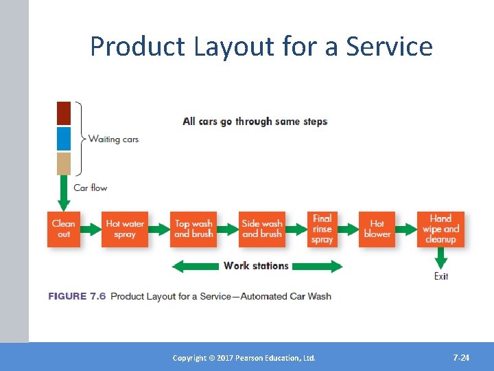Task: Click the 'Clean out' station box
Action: [63, 229]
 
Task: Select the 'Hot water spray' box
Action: [125, 229]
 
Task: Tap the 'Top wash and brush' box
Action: [193, 229]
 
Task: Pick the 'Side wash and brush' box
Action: [261, 229]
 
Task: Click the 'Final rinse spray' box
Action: [322, 229]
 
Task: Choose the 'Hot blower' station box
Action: [377, 229]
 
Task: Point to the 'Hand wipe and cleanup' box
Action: [440, 229]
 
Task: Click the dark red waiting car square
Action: [64, 113]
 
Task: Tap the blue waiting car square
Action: [64, 138]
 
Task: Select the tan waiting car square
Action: [64, 164]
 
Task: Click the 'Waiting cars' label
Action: [113, 139]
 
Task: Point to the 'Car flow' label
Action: [91, 188]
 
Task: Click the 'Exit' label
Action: [441, 276]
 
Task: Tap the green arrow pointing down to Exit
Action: [441, 258]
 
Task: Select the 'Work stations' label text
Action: [256, 266]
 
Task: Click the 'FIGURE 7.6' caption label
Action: [77, 296]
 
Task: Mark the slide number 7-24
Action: [461, 358]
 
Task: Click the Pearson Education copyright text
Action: [244, 358]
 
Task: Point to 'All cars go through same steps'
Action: [255, 122]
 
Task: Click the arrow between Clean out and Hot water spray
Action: [90, 229]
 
